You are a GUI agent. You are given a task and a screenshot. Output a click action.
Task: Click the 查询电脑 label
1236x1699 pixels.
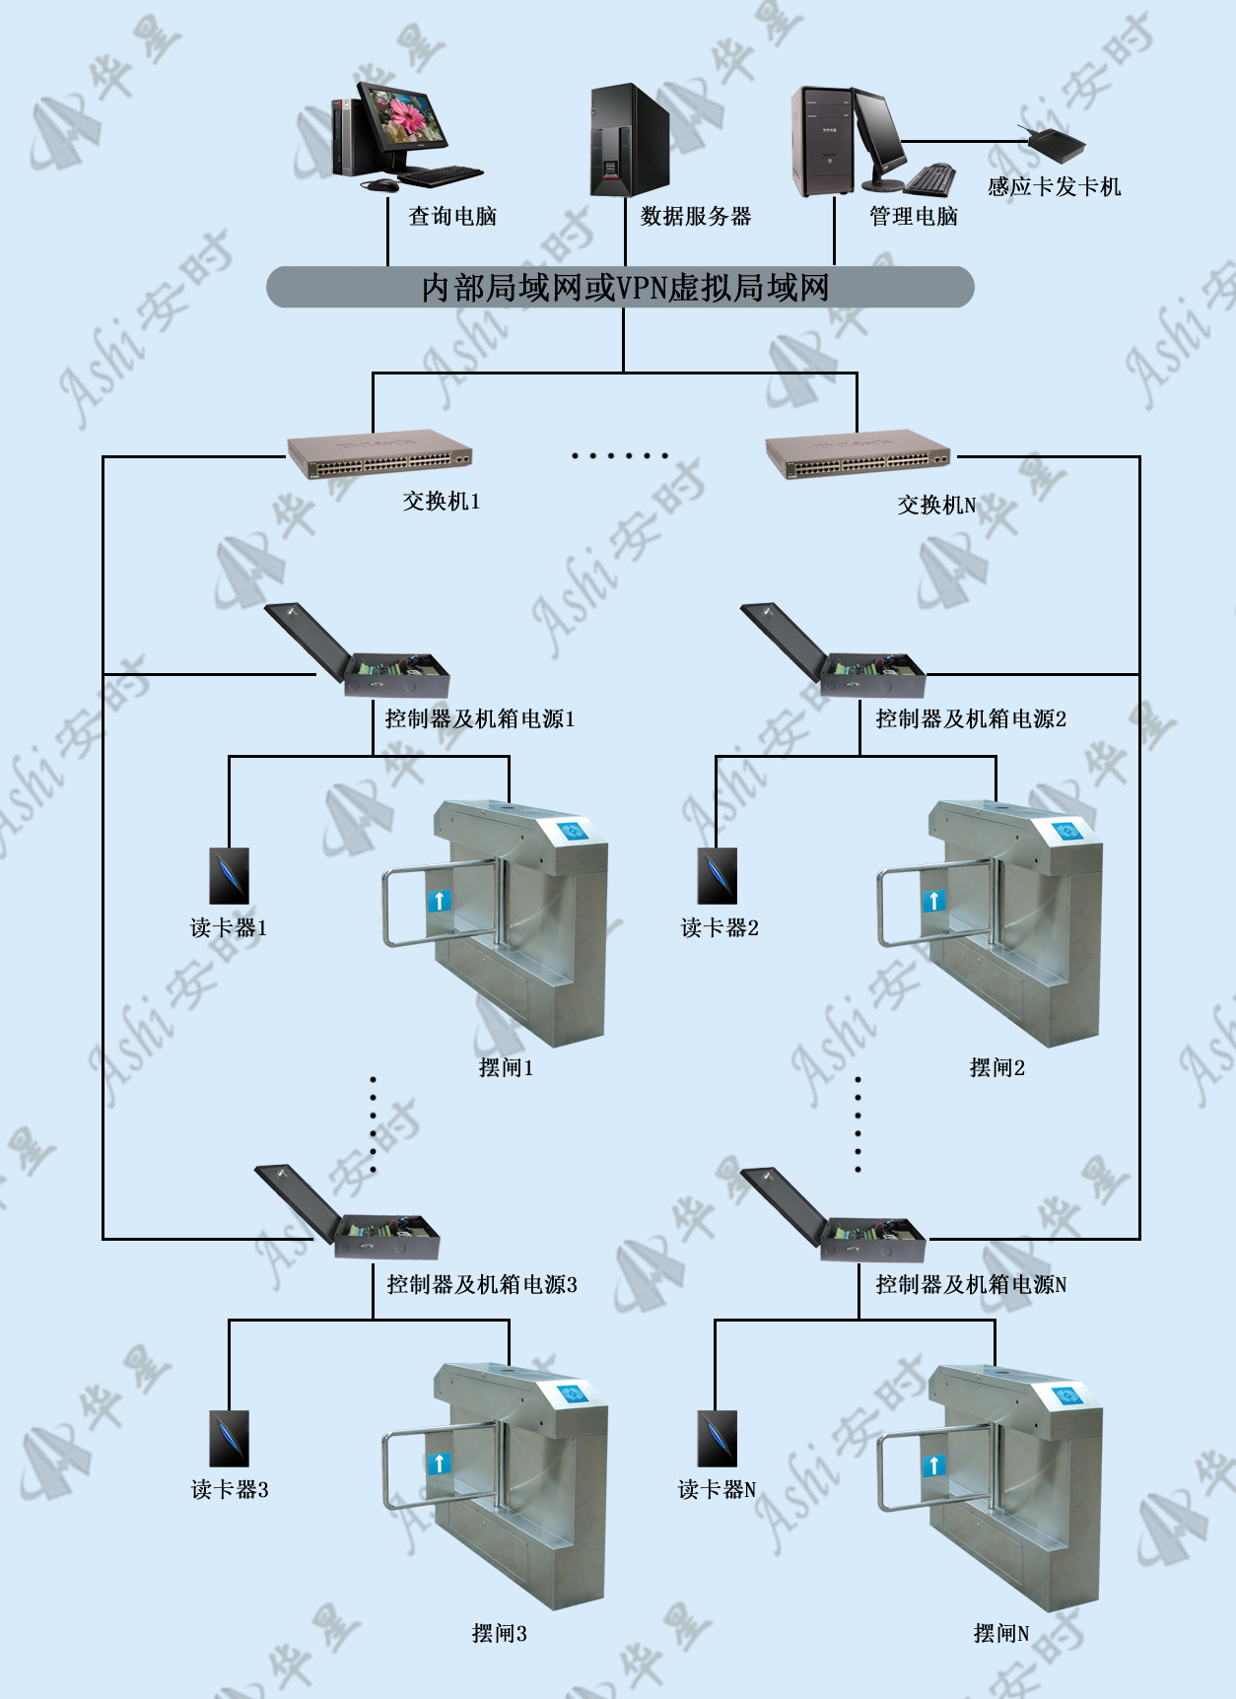(x=452, y=216)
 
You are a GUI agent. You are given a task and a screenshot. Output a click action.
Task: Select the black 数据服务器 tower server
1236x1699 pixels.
(x=630, y=140)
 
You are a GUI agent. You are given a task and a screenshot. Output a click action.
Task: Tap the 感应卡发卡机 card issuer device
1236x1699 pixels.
(x=1057, y=146)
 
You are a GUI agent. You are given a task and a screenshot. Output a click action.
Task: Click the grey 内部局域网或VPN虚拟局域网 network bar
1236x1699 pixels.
(x=620, y=287)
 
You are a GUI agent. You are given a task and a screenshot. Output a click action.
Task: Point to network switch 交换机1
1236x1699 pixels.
(x=379, y=456)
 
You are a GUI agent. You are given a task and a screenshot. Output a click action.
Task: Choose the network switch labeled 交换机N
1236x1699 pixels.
(x=858, y=456)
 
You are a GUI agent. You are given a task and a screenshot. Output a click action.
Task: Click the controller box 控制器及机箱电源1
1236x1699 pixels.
(x=357, y=650)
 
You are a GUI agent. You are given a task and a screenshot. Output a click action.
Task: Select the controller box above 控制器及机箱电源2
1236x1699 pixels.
(x=833, y=650)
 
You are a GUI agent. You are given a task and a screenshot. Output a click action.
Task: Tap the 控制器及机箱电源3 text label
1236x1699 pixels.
(x=482, y=1284)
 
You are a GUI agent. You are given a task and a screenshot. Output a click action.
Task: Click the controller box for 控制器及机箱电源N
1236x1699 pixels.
(x=833, y=1215)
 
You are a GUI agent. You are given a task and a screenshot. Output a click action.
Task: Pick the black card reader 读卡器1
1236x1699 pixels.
(x=229, y=876)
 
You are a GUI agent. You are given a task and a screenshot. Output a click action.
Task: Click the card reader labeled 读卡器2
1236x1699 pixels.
(x=718, y=876)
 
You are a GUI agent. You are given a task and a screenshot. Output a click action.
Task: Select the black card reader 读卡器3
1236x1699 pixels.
(x=229, y=1439)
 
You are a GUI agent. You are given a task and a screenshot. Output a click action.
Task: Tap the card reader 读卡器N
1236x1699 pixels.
(x=718, y=1439)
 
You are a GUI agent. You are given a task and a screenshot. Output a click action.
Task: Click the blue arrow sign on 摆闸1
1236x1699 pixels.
(x=439, y=900)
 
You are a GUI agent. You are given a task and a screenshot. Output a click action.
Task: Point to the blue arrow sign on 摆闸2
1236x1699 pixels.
(x=933, y=900)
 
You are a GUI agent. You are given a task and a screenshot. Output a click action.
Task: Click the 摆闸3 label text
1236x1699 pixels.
(x=500, y=1633)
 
